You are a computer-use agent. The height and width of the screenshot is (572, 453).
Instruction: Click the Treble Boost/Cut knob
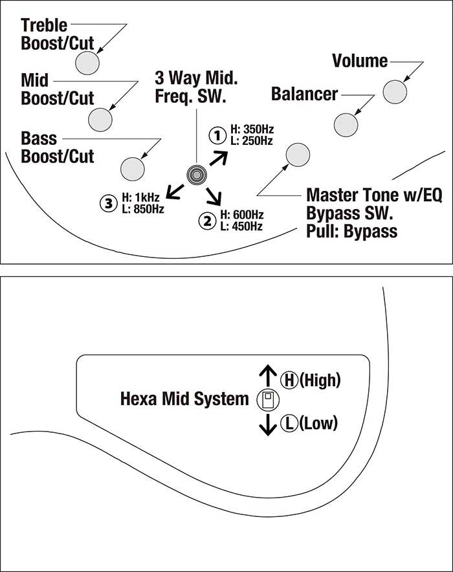click(x=87, y=62)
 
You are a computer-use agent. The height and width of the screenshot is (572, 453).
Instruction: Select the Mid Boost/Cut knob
click(x=100, y=119)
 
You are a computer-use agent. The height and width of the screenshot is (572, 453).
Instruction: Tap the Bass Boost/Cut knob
click(x=132, y=167)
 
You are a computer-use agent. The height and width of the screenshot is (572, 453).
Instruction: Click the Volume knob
click(x=395, y=91)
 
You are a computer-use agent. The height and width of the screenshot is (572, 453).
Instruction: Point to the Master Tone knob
click(x=298, y=154)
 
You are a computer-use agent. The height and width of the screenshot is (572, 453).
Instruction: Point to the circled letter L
click(x=287, y=424)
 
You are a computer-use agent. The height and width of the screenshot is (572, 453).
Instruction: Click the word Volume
click(x=359, y=61)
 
